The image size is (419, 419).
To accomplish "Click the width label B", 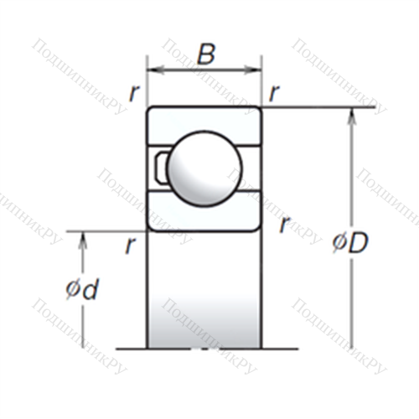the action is pyautogui.click(x=206, y=54).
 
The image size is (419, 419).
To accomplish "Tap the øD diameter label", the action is pyautogui.click(x=350, y=242).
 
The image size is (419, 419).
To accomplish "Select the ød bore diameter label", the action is pyautogui.click(x=82, y=289).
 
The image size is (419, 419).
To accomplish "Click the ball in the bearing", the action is pyautogui.click(x=204, y=168).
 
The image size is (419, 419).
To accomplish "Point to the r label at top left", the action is pyautogui.click(x=134, y=93).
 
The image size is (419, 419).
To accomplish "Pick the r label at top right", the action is pyautogui.click(x=274, y=93).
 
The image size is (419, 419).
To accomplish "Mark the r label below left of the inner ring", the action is pyautogui.click(x=131, y=246).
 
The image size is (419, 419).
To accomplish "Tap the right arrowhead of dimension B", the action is pyautogui.click(x=253, y=70).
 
